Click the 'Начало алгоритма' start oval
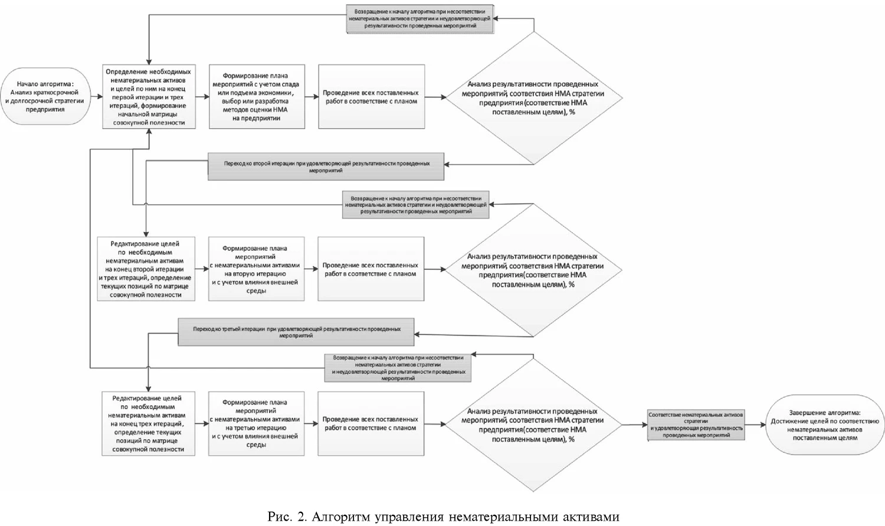point(45,97)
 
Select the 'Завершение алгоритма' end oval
point(825,425)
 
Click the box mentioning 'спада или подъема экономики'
point(257,97)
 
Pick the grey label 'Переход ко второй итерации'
point(326,167)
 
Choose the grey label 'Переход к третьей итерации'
point(296,332)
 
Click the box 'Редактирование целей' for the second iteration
point(146,269)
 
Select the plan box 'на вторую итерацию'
point(256,269)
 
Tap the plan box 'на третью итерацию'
point(256,423)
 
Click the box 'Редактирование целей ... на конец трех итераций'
point(147,423)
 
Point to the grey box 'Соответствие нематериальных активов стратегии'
point(696,424)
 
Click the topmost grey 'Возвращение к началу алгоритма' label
point(419,19)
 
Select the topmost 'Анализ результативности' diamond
point(533,97)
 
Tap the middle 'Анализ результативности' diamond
point(533,270)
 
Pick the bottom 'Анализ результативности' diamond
point(533,424)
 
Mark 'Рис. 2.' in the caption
point(287,517)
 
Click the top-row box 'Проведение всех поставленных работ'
point(371,97)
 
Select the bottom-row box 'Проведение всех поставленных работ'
point(371,423)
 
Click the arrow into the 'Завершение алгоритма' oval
point(756,425)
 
